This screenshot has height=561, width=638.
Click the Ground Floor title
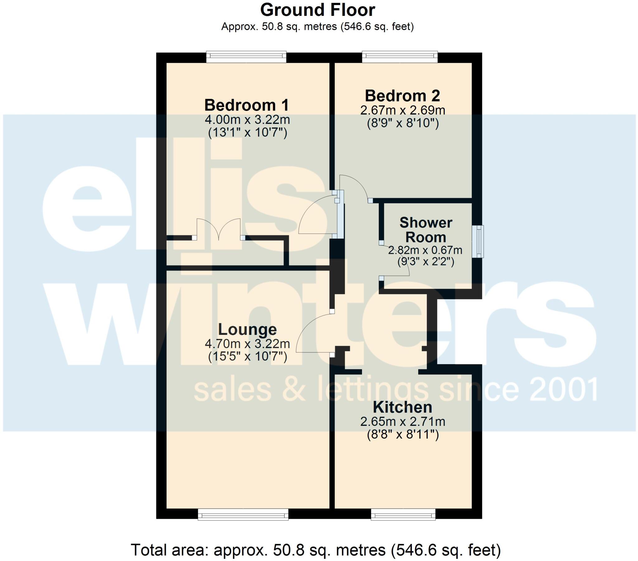(x=317, y=10)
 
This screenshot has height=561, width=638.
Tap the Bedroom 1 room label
(x=247, y=105)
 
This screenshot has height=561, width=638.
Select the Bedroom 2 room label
(x=402, y=96)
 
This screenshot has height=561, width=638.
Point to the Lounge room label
(x=247, y=330)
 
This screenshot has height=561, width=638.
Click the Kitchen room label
(x=403, y=407)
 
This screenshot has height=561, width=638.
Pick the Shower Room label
(x=426, y=230)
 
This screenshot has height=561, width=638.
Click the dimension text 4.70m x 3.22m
(x=247, y=344)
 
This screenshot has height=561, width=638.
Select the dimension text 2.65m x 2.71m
(x=403, y=422)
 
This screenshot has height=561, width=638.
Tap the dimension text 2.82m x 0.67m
(x=425, y=250)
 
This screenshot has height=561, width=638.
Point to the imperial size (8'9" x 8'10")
(x=403, y=124)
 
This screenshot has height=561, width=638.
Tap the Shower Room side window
(x=478, y=242)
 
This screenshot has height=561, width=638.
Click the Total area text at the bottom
(x=316, y=550)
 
